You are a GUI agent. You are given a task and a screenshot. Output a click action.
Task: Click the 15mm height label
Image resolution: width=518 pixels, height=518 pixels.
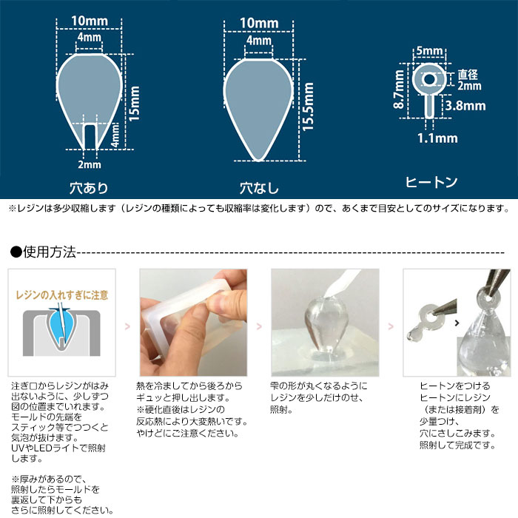134,104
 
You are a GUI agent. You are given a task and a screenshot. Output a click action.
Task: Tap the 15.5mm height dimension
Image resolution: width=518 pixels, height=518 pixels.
308,107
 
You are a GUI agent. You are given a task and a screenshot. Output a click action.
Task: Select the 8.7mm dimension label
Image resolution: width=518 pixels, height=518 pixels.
399,90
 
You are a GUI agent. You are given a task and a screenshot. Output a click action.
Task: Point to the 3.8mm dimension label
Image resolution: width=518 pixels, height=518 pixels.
465,106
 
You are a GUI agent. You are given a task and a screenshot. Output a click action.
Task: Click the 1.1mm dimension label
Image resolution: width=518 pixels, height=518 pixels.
437,138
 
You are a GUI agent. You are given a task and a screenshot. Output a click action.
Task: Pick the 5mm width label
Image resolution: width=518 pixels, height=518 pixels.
429,51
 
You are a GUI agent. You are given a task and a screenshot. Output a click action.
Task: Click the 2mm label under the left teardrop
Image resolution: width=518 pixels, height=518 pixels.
90,164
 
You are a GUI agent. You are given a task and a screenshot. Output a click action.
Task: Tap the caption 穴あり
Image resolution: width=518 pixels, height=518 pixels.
89,188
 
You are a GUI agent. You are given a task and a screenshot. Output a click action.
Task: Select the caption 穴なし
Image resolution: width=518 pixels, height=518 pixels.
259,188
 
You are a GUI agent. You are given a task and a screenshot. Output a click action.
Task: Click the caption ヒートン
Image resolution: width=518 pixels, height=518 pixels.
431,182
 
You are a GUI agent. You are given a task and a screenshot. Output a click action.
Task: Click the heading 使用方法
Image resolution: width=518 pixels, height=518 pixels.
50,252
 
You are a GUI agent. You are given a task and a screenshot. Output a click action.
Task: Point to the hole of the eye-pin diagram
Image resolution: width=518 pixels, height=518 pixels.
429,79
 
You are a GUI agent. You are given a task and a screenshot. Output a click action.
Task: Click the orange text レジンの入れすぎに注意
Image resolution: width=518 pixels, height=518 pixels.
62,295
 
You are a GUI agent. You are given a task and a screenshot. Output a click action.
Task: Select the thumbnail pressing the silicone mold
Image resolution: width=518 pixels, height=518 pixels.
193,323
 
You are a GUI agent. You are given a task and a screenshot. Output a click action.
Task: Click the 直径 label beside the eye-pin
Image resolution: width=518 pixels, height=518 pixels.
468,75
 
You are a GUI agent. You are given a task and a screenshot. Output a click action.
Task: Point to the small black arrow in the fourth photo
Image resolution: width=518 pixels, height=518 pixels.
457,323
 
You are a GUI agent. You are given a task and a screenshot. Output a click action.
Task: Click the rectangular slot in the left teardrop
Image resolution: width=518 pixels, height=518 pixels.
90,136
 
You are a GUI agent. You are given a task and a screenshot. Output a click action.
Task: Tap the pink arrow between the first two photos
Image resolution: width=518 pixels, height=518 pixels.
127,327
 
